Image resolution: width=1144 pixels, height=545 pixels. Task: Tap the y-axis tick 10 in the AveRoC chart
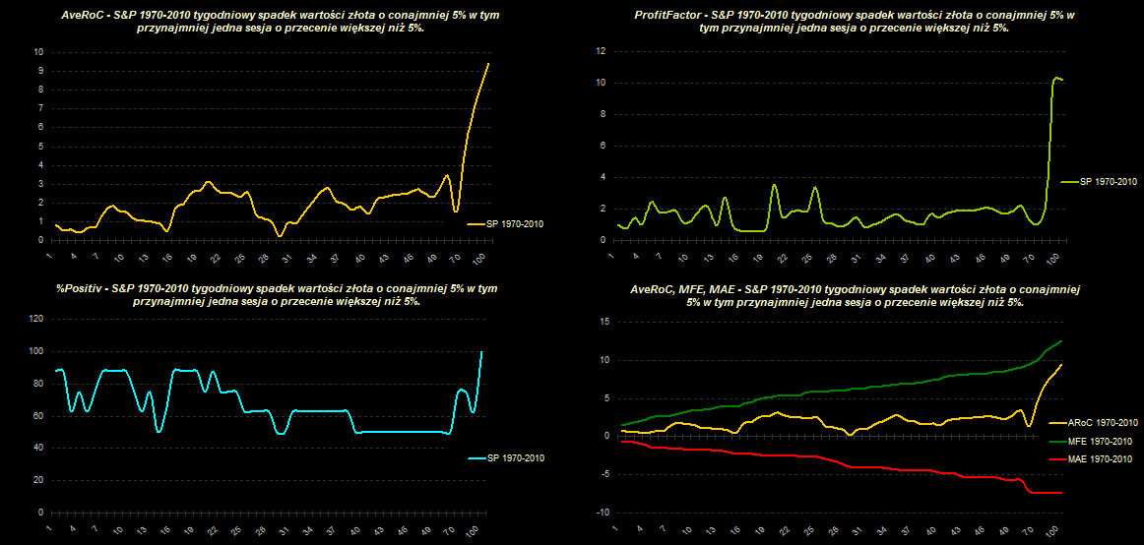click(x=38, y=51)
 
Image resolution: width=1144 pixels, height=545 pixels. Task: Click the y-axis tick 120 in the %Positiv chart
click(x=36, y=319)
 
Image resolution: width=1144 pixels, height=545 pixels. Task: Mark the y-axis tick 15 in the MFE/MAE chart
click(x=605, y=322)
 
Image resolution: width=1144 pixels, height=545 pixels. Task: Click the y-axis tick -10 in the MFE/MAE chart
click(x=604, y=513)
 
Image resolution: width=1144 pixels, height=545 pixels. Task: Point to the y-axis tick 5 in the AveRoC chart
click(x=40, y=146)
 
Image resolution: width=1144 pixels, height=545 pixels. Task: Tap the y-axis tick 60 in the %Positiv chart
click(x=38, y=416)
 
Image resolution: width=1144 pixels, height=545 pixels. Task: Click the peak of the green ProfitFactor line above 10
click(x=1056, y=77)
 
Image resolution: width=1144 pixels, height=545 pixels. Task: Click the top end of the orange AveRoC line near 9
click(x=488, y=63)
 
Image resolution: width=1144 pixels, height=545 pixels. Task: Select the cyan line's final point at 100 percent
click(x=482, y=351)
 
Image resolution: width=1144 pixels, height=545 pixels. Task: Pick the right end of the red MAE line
click(x=1061, y=492)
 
